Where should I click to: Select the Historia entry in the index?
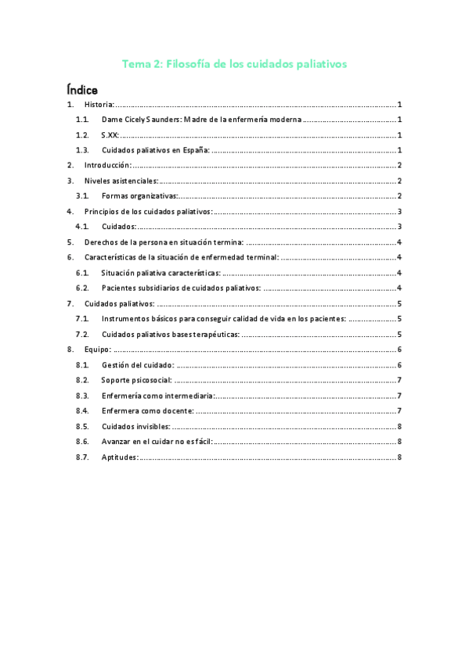pyautogui.click(x=99, y=105)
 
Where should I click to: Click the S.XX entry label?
pyautogui.click(x=110, y=135)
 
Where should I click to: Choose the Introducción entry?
pyautogui.click(x=107, y=166)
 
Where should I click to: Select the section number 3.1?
pyautogui.click(x=82, y=196)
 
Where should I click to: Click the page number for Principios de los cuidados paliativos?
pyautogui.click(x=399, y=212)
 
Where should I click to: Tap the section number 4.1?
pyautogui.click(x=82, y=227)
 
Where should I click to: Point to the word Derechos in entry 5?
pyautogui.click(x=100, y=242)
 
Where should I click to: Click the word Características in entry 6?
pyautogui.click(x=110, y=257)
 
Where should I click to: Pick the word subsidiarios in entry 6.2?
pyautogui.click(x=162, y=288)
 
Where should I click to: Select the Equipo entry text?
pyautogui.click(x=98, y=349)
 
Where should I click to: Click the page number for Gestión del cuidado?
pyautogui.click(x=399, y=365)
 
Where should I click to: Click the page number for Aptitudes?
pyautogui.click(x=399, y=457)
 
